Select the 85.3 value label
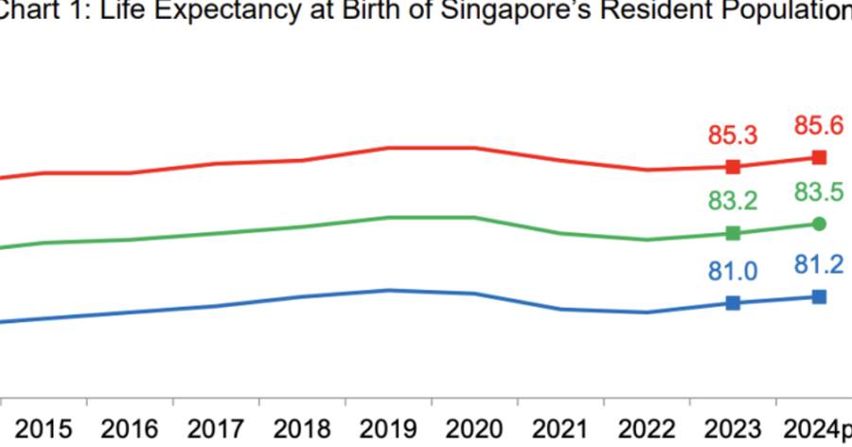pyautogui.click(x=733, y=134)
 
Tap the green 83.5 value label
pyautogui.click(x=820, y=193)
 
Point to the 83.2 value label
pyautogui.click(x=733, y=201)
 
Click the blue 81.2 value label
pyautogui.click(x=820, y=264)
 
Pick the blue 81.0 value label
pyautogui.click(x=733, y=272)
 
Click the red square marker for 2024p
pyautogui.click(x=820, y=157)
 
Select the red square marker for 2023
pyautogui.click(x=733, y=168)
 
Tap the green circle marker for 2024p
pyautogui.click(x=820, y=223)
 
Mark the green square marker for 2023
pyautogui.click(x=733, y=233)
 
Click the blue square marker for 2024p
pyautogui.click(x=820, y=296)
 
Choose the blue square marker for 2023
pyautogui.click(x=733, y=303)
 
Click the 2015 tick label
pyautogui.click(x=44, y=428)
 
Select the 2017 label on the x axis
pyautogui.click(x=216, y=428)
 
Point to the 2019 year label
pyautogui.click(x=388, y=428)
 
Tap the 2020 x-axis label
pyautogui.click(x=474, y=428)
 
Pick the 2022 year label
pyautogui.click(x=647, y=428)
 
